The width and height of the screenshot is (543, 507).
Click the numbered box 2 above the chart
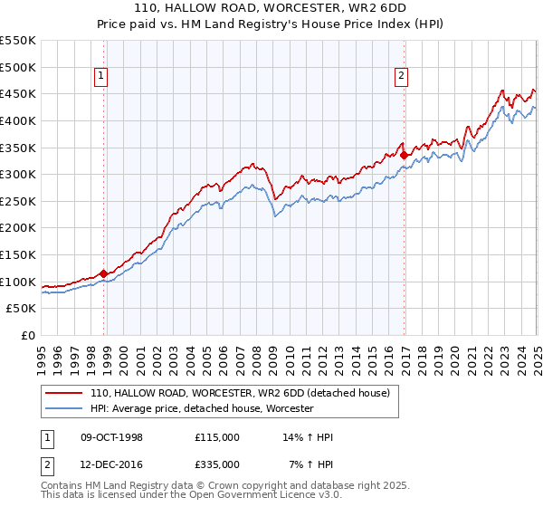point(400,77)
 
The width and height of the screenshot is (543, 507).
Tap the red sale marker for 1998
point(103,273)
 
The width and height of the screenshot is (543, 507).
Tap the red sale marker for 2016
point(404,155)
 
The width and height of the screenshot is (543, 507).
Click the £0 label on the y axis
point(27,335)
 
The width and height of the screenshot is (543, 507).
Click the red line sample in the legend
point(63,394)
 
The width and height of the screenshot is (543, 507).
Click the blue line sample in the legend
point(63,409)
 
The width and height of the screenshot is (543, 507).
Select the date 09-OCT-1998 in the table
point(112,437)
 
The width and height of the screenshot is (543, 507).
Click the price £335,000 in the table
point(216,464)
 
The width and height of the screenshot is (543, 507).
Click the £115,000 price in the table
point(216,437)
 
